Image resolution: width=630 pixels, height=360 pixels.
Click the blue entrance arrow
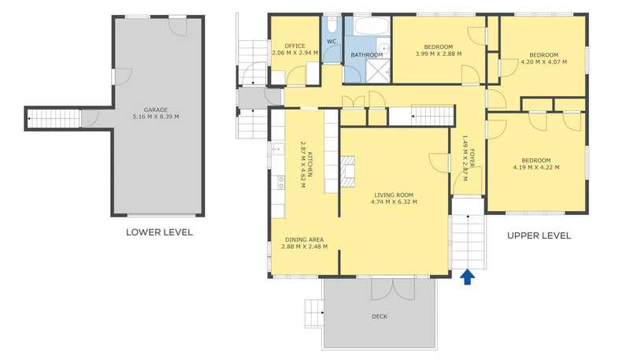click(x=467, y=276)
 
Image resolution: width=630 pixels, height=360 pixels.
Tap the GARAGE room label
click(x=156, y=109)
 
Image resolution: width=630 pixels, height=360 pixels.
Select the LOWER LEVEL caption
click(x=160, y=232)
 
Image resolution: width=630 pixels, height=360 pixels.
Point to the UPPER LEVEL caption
click(x=539, y=236)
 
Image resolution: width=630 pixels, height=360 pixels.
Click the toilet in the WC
click(x=332, y=25)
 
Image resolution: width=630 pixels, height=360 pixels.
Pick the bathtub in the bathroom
click(x=372, y=26)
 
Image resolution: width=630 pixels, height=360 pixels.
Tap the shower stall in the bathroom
click(x=378, y=71)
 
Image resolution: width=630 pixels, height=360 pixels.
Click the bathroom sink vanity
click(x=384, y=48)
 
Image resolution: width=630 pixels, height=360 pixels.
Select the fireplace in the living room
click(x=348, y=172)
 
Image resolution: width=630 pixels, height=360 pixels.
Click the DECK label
click(x=380, y=317)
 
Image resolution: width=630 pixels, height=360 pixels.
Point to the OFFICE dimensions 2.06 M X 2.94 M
click(x=295, y=53)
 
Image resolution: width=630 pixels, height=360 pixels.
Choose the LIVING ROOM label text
click(x=393, y=195)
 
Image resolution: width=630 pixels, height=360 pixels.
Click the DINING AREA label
click(x=304, y=239)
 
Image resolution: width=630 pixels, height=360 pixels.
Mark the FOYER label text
click(x=472, y=158)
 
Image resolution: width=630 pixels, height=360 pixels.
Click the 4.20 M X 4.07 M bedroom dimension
click(x=543, y=62)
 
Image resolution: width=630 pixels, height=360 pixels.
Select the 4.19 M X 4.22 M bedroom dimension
click(x=536, y=168)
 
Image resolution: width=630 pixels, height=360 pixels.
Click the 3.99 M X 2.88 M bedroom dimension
click(x=438, y=54)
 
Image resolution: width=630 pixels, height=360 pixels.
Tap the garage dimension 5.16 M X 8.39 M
click(x=156, y=117)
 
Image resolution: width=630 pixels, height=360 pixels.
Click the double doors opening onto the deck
click(x=392, y=288)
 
